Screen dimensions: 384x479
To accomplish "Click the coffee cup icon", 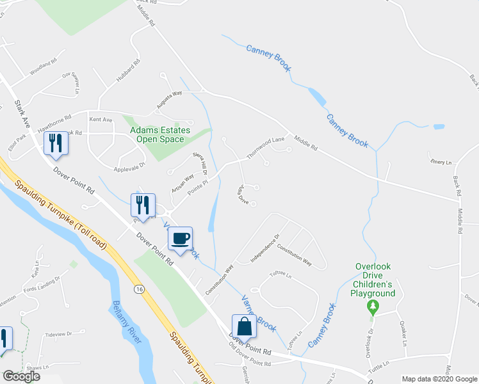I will point(181,238).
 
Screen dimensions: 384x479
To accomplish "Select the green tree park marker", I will point(373,308).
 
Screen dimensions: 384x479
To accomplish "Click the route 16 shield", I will point(139,289).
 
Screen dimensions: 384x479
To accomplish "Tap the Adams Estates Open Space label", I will point(160,134).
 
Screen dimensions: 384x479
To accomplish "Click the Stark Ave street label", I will point(22,111).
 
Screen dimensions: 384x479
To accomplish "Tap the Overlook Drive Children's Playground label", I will point(375,280).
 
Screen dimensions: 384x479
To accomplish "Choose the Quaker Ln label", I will point(403,333).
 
